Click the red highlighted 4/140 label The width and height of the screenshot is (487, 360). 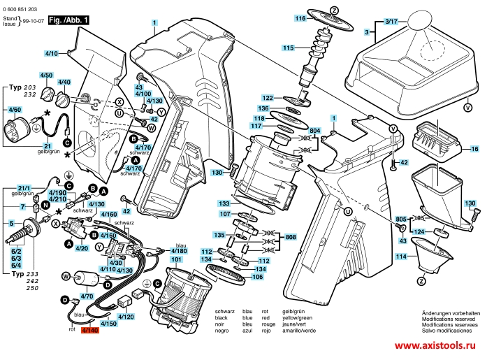tap(91, 330)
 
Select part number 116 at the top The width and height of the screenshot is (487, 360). tap(300, 17)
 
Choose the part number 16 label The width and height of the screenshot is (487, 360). tap(474, 149)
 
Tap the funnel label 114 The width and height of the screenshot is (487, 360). tap(401, 257)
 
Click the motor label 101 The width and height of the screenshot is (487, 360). tap(177, 259)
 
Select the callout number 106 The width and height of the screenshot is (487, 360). tap(258, 277)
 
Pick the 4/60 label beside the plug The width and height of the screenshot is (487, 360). tap(15, 110)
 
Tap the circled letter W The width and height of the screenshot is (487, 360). tap(66, 276)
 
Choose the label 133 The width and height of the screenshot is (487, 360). tap(224, 202)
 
